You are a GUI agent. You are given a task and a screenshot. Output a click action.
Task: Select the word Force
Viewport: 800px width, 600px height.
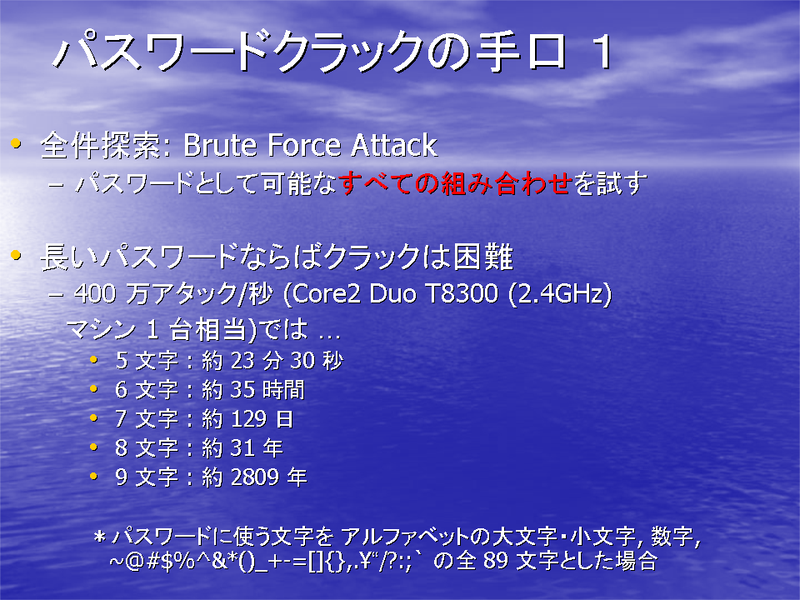coord(304,145)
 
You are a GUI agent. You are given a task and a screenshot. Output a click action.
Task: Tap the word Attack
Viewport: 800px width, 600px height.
coord(394,145)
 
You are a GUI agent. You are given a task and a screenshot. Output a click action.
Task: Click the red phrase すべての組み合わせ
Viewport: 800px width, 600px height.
coord(455,183)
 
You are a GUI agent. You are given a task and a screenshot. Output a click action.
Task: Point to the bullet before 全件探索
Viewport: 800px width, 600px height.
coord(16,144)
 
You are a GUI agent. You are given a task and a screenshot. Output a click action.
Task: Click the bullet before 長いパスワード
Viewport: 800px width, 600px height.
coord(16,254)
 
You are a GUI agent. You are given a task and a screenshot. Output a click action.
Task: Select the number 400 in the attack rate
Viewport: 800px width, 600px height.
coord(95,293)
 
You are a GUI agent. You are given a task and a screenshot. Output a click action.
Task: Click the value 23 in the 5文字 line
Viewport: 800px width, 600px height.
coord(242,361)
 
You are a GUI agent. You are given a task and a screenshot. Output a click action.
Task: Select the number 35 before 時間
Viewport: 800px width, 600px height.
coord(242,390)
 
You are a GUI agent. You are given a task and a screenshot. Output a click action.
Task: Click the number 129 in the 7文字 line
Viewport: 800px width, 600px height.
coord(248,419)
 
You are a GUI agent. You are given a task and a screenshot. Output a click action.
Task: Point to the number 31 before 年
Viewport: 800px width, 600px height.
coord(242,448)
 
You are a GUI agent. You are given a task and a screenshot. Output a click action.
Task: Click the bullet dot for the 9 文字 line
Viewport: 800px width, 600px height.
coord(93,476)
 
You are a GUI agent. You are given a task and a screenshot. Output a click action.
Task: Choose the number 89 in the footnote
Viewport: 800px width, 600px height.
coord(495,561)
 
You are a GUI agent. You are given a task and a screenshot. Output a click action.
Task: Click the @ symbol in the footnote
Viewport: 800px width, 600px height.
coord(135,562)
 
